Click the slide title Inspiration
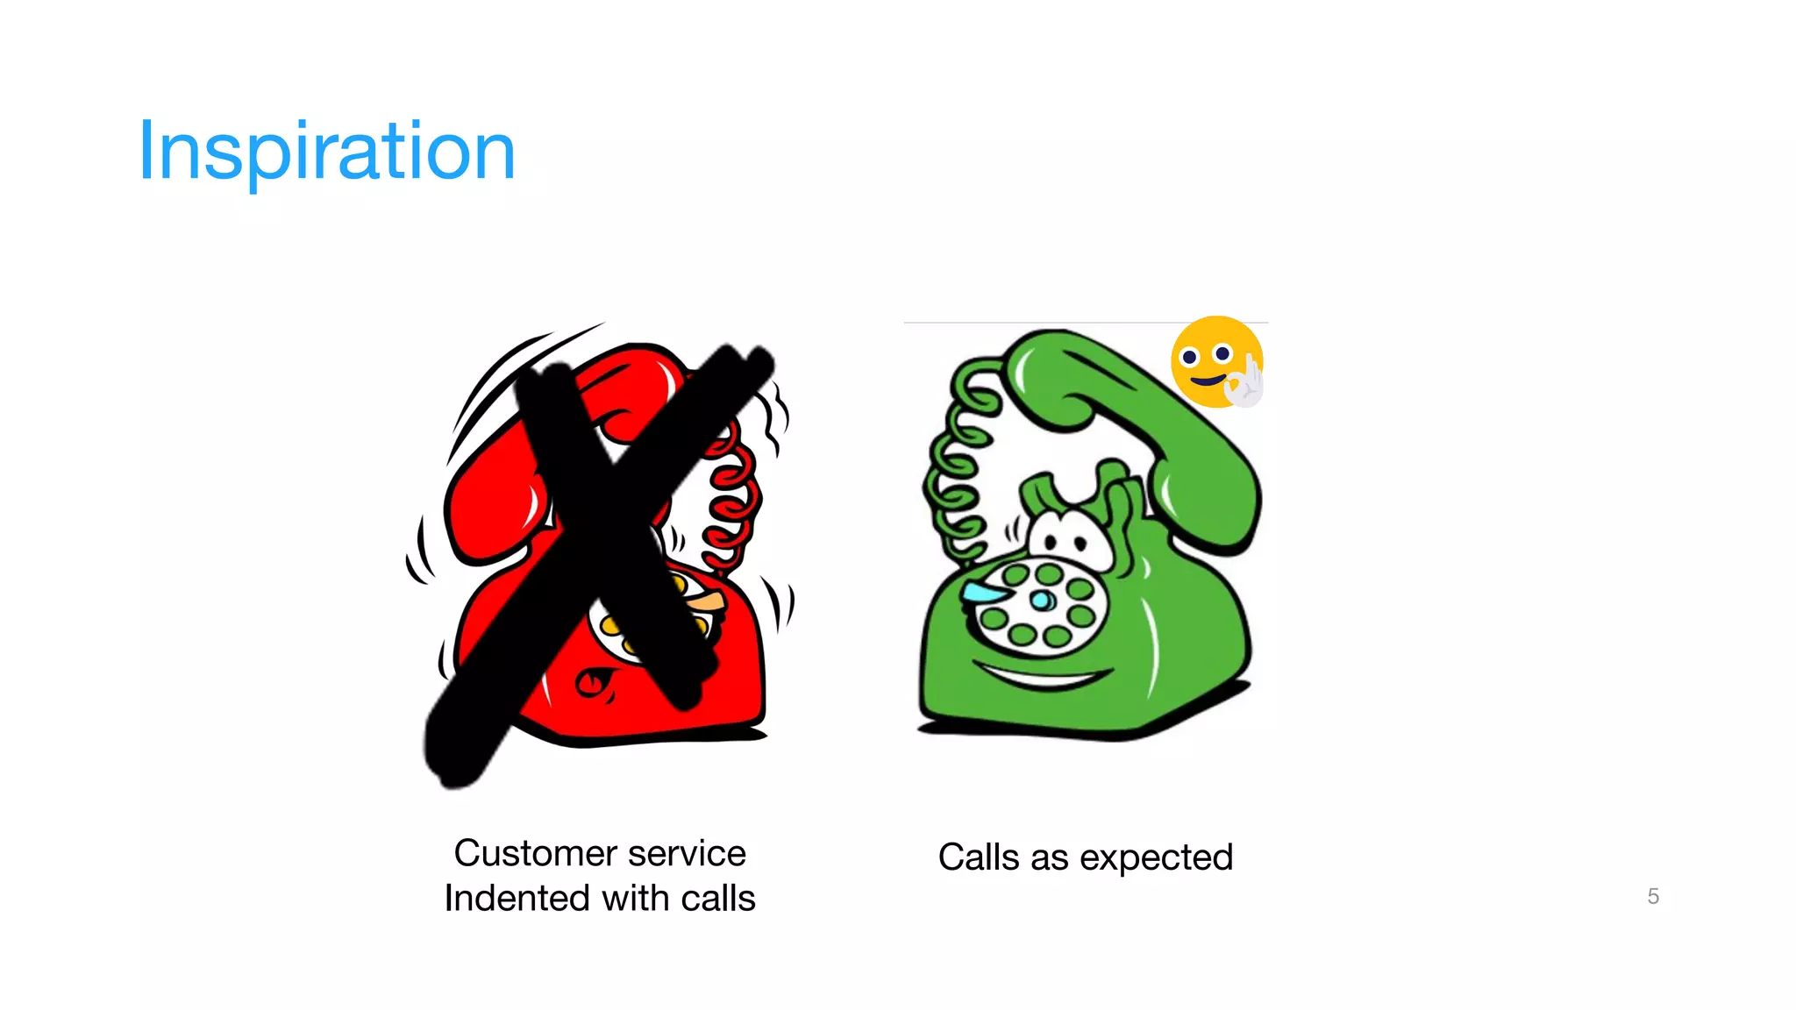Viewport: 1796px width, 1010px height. tap(326, 151)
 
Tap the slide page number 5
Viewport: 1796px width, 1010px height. tap(1653, 896)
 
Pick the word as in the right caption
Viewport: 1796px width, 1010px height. tap(1049, 858)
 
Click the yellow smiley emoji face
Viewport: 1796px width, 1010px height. tap(1210, 359)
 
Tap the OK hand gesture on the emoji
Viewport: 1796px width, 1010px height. tap(1245, 384)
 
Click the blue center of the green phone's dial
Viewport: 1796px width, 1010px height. tap(1042, 601)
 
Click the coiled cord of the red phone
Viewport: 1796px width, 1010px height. tap(732, 500)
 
